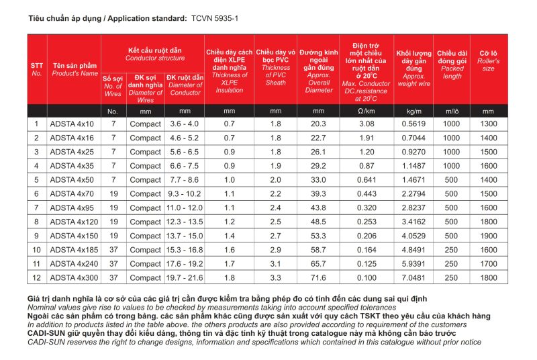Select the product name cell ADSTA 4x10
coord(72,124)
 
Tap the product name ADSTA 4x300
coord(75,278)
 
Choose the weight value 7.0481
coord(413,278)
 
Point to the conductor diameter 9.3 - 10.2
coord(185,193)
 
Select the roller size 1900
coord(489,236)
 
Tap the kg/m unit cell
coord(413,110)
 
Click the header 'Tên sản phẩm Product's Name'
coord(75,69)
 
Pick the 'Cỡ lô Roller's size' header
coord(489,60)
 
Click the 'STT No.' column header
coord(37,69)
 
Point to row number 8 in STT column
coord(37,222)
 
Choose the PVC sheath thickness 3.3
coord(276,278)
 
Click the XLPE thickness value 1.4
coord(230,236)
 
